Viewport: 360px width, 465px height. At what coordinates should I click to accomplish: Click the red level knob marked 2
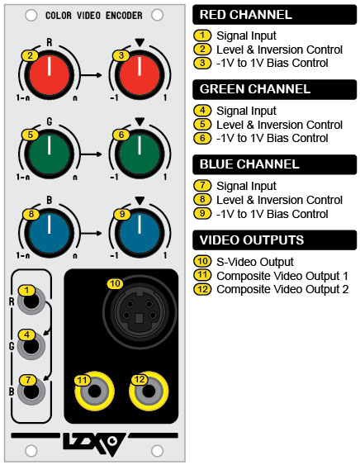click(x=50, y=74)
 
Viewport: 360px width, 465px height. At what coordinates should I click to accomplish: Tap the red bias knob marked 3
click(x=139, y=74)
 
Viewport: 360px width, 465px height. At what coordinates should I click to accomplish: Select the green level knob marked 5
click(x=50, y=154)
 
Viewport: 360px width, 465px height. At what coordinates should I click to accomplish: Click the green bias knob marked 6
click(x=139, y=154)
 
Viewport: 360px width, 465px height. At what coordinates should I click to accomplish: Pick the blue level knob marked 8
click(x=50, y=233)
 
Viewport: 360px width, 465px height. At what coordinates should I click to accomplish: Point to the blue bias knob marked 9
click(x=139, y=233)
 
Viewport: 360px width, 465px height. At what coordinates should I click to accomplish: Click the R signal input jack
click(x=31, y=301)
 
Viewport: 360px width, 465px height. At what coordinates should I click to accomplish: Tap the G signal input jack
click(x=31, y=346)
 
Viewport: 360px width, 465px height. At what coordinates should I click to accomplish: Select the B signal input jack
click(x=31, y=391)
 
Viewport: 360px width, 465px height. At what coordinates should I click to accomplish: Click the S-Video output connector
click(x=140, y=312)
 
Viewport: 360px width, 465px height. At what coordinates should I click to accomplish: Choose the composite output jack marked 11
click(x=94, y=391)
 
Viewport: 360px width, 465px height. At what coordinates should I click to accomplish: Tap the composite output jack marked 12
click(x=149, y=391)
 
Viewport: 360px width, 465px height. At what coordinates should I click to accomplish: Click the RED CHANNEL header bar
click(x=275, y=15)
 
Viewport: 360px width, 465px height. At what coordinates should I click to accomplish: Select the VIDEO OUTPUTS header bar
click(x=275, y=240)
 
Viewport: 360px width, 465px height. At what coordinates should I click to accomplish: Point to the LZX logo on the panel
click(x=94, y=444)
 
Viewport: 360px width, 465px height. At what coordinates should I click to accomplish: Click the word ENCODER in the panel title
click(x=124, y=16)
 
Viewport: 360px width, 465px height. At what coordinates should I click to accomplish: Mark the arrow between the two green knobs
click(x=92, y=154)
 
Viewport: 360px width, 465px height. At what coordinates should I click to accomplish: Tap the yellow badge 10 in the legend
click(x=202, y=261)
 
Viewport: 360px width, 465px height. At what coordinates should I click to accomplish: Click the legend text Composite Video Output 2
click(x=282, y=289)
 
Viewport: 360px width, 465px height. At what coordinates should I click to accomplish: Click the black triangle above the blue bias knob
click(x=140, y=201)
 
